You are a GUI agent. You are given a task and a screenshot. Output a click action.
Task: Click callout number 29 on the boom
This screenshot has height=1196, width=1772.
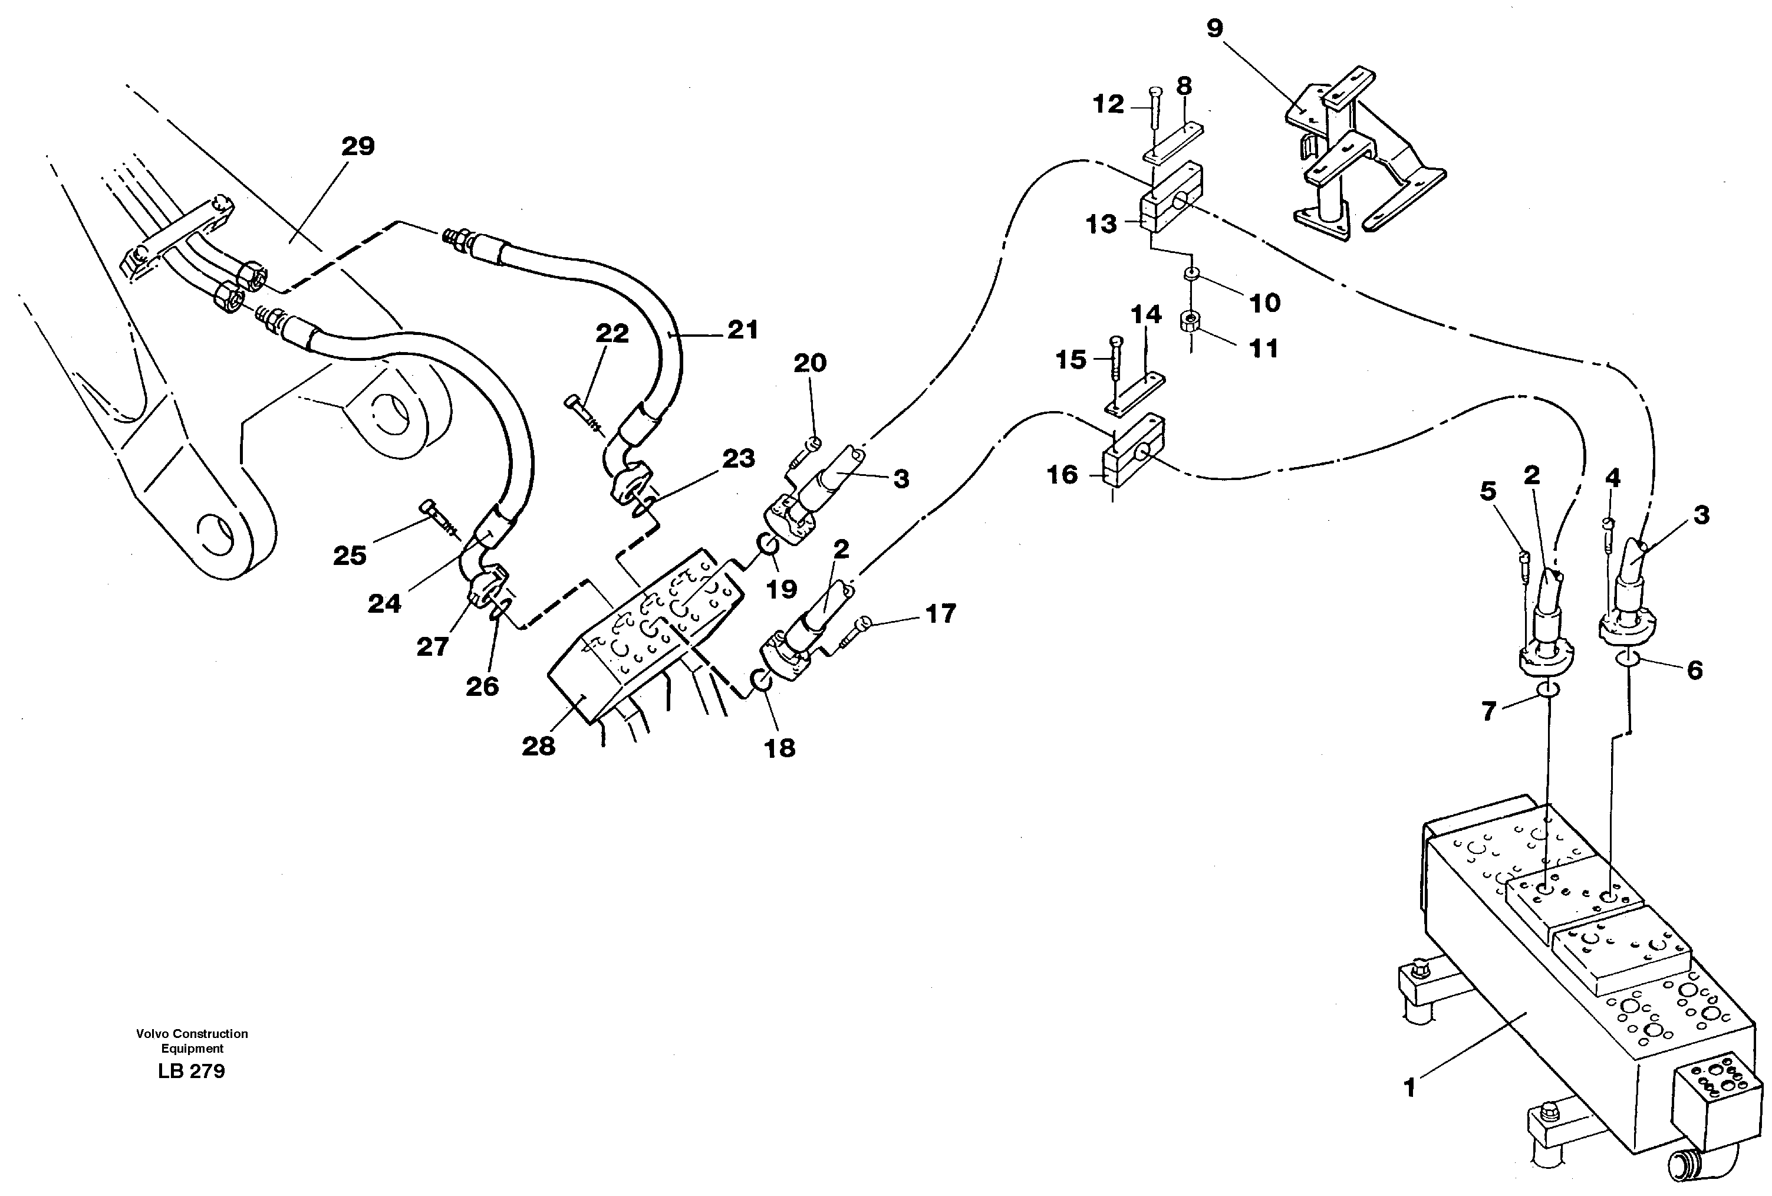tap(358, 146)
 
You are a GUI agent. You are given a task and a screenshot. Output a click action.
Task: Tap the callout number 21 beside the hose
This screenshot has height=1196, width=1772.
tap(742, 330)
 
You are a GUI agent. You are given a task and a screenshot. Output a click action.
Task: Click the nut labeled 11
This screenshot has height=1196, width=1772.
tap(1190, 321)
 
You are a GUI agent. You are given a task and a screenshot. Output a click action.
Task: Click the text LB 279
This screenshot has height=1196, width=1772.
tap(192, 1072)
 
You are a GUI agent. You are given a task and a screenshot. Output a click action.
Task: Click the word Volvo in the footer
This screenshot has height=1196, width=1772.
tap(153, 1034)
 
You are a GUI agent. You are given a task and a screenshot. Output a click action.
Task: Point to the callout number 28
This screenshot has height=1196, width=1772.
tap(538, 746)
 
